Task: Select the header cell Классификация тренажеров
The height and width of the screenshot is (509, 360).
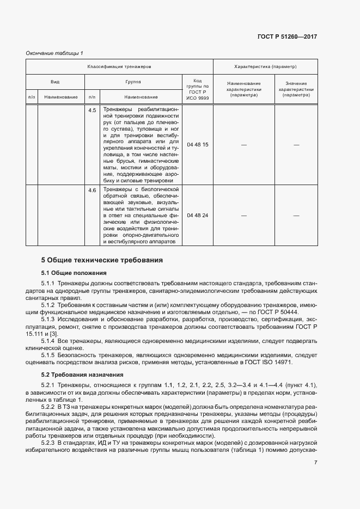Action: [x=119, y=66]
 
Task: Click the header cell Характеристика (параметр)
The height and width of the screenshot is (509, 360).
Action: [x=265, y=66]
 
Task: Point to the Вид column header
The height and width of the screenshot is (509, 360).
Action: [x=55, y=82]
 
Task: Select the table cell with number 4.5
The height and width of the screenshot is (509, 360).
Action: [x=91, y=110]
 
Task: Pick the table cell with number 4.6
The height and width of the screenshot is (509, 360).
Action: [x=91, y=190]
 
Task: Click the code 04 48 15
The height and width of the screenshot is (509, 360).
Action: [x=197, y=145]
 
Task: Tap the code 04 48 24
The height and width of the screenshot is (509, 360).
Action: [x=197, y=216]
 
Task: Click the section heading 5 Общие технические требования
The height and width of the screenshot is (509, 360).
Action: [x=102, y=260]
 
